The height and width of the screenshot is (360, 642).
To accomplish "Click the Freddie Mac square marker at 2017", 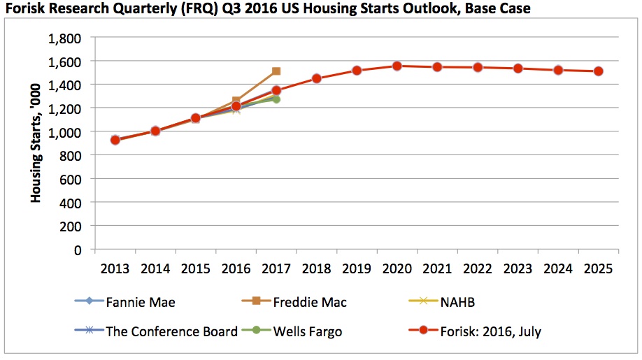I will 276,71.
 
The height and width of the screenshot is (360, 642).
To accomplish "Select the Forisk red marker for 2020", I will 397,66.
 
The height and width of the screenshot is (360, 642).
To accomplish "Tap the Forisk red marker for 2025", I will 599,71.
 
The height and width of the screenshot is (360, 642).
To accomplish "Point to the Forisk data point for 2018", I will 317,78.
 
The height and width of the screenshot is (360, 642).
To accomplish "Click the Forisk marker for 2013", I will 115,140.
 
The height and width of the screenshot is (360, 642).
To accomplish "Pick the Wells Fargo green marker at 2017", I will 276,99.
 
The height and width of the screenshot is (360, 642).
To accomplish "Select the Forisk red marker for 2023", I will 518,69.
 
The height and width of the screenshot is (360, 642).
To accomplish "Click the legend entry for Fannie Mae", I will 140,303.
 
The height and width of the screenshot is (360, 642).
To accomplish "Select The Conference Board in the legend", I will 171,331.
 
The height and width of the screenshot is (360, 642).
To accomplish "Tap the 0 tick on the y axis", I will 77,250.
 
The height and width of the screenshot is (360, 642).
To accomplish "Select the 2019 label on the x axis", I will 357,268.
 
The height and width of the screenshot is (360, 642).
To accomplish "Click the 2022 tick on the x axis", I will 478,268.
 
